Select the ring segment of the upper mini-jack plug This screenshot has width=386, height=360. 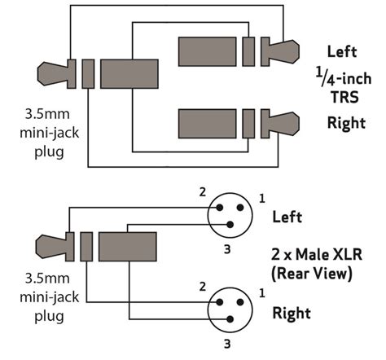click(x=88, y=74)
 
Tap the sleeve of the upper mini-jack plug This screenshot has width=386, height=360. click(x=129, y=74)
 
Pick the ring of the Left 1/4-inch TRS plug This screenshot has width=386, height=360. click(x=248, y=51)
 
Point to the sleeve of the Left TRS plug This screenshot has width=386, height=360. click(x=208, y=51)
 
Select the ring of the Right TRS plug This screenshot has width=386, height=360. click(x=248, y=124)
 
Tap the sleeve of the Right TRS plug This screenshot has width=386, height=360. click(x=208, y=124)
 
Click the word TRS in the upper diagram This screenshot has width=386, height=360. click(x=344, y=97)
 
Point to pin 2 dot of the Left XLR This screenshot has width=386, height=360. click(x=220, y=208)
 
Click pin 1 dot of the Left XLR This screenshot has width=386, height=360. click(x=240, y=208)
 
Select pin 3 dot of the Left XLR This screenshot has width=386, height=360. click(x=230, y=225)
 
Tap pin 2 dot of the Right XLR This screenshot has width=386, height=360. click(x=220, y=302)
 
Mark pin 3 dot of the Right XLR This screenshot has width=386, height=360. click(x=230, y=319)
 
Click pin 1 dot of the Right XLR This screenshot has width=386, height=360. click(x=240, y=302)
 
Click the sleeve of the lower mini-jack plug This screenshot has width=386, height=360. click(x=128, y=247)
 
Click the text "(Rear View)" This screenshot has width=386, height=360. click(x=312, y=273)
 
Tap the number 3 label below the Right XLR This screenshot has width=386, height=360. click(x=227, y=344)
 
